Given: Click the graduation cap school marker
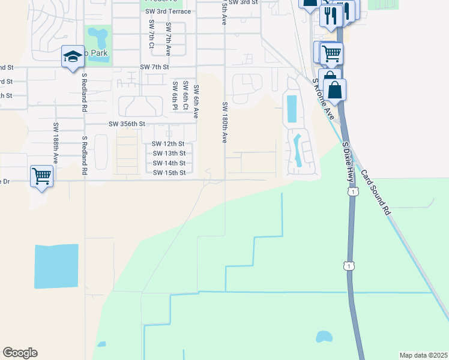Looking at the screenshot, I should pyautogui.click(x=72, y=58).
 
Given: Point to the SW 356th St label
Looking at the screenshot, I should pyautogui.click(x=127, y=124).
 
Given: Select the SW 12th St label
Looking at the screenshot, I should pyautogui.click(x=167, y=144).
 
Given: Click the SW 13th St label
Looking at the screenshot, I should pyautogui.click(x=169, y=154).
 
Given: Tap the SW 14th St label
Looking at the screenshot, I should pyautogui.click(x=169, y=163).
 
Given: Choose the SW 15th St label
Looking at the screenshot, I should pyautogui.click(x=169, y=173).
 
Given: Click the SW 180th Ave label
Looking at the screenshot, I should pyautogui.click(x=224, y=122).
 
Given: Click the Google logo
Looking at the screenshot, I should pyautogui.click(x=20, y=353).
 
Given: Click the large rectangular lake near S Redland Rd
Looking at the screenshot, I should pyautogui.click(x=56, y=266).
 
